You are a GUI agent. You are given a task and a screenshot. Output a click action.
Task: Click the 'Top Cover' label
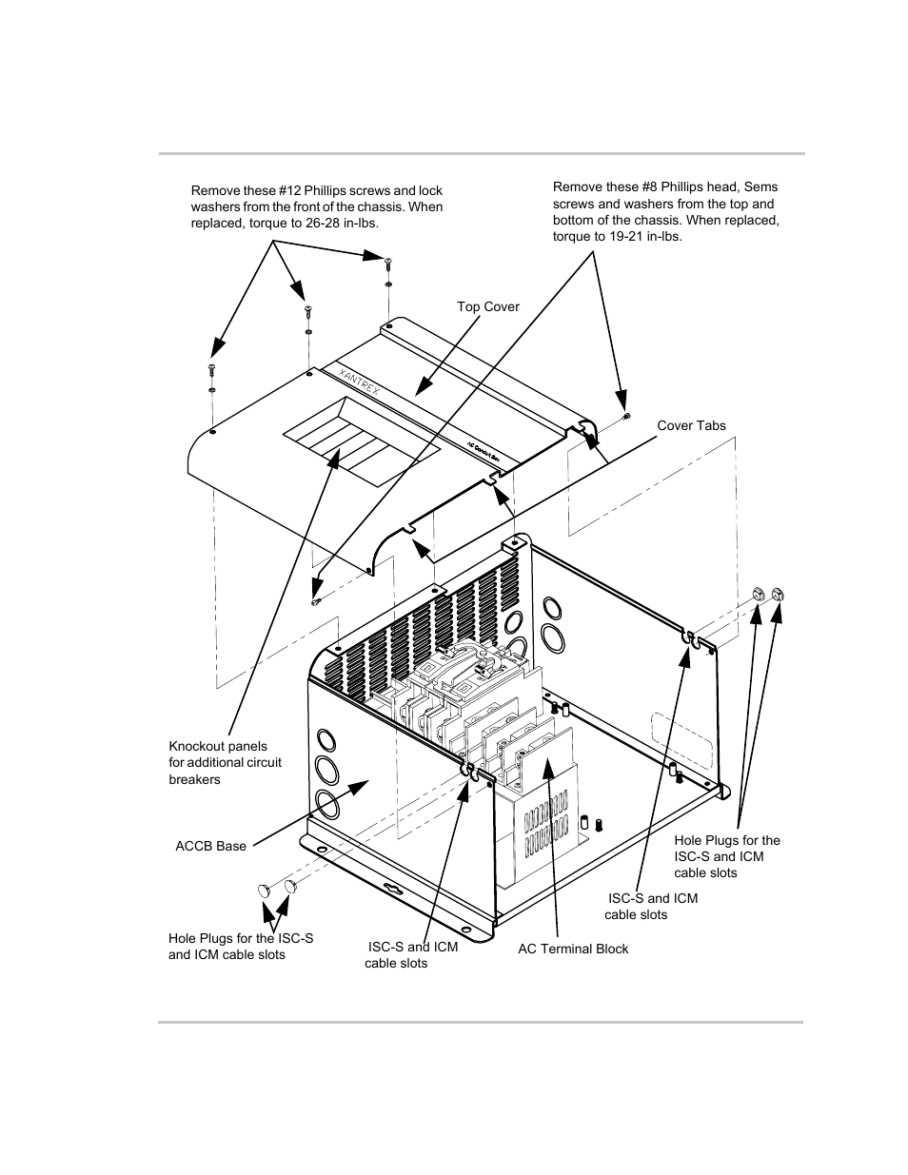tap(487, 306)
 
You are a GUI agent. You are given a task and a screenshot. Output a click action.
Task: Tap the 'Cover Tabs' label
tap(691, 425)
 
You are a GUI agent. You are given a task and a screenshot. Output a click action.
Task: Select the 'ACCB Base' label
tap(210, 846)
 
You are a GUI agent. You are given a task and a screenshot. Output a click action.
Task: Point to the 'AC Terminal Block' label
tap(573, 949)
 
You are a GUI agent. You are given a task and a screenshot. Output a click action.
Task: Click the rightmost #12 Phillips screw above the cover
tap(388, 264)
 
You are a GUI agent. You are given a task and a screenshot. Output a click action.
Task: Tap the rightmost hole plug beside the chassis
tap(776, 595)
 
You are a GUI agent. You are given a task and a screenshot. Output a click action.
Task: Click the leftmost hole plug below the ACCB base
tap(266, 891)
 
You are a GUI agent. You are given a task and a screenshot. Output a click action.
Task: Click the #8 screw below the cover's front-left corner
tap(317, 600)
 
